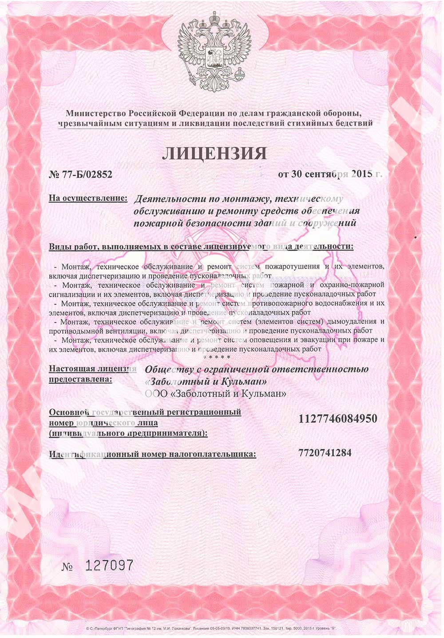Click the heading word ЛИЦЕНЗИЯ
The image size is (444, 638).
click(214, 153)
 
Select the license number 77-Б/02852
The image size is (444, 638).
click(80, 174)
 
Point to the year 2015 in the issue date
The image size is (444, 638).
click(361, 174)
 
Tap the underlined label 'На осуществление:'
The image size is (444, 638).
click(88, 198)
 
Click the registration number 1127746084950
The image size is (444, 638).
click(338, 419)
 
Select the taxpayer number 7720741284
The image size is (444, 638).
click(325, 453)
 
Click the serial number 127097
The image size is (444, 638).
click(109, 565)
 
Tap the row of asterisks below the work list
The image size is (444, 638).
click(217, 357)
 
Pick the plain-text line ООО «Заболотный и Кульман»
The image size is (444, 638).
click(215, 393)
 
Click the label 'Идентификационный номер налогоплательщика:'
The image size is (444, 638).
click(152, 454)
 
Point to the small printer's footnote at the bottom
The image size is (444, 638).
click(210, 628)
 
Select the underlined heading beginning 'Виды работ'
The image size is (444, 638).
click(201, 246)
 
